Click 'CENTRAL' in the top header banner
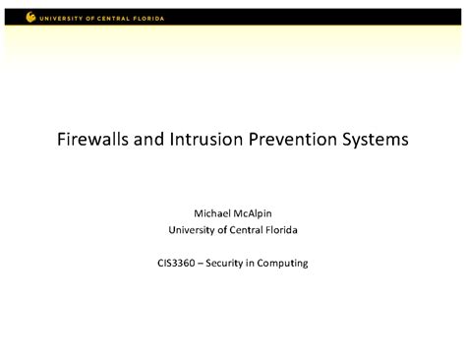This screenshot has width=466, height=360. [118, 18]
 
